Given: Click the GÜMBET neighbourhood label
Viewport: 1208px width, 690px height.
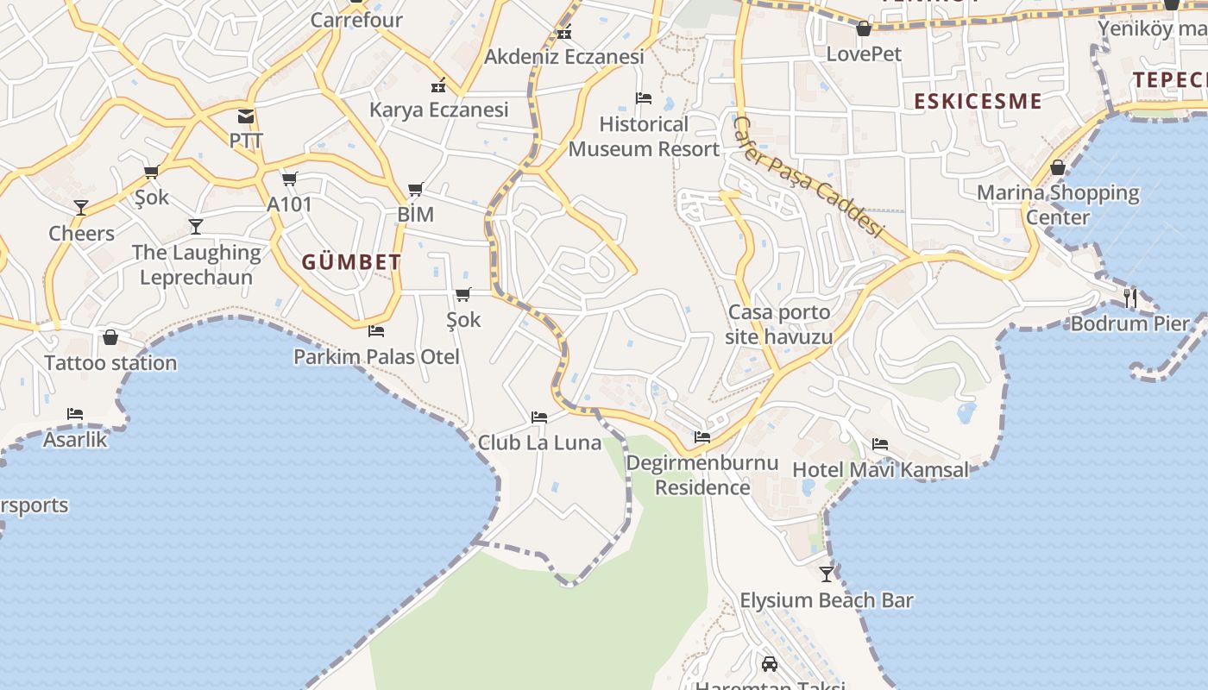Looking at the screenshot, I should (351, 262).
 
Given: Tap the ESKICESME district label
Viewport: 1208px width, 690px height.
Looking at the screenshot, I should (978, 101).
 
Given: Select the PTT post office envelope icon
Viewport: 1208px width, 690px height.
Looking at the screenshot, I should (246, 116).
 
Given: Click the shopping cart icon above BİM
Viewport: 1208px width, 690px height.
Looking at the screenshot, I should (415, 189).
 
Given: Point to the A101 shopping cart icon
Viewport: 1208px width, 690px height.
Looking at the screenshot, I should (289, 179).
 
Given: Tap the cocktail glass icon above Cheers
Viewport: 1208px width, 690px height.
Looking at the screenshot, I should (81, 207).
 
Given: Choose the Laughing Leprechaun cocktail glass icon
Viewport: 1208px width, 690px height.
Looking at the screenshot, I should (196, 226).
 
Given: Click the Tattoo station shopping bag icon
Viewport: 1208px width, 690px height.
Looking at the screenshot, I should (110, 337).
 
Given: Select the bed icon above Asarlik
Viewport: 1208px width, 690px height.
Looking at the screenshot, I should (75, 414).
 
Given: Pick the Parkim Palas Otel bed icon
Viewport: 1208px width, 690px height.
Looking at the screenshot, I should (375, 330).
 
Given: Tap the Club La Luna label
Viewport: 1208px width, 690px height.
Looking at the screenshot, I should (539, 442).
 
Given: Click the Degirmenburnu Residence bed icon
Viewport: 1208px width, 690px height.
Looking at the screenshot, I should (702, 437).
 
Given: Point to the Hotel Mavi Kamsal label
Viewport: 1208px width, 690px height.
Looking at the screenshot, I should (880, 470).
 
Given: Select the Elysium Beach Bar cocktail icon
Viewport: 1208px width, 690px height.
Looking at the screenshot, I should (827, 574).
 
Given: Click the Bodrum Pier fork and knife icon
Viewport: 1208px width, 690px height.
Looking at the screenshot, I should (1129, 298).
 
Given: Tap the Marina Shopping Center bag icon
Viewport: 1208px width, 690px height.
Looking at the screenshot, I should (1057, 167).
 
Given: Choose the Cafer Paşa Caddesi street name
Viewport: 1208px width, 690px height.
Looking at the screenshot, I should (808, 178).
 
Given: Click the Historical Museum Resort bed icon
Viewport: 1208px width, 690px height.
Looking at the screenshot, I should (643, 98).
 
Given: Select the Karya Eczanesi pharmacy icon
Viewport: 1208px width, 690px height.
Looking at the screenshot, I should (437, 85).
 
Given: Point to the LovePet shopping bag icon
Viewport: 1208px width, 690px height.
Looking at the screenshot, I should (863, 29).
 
